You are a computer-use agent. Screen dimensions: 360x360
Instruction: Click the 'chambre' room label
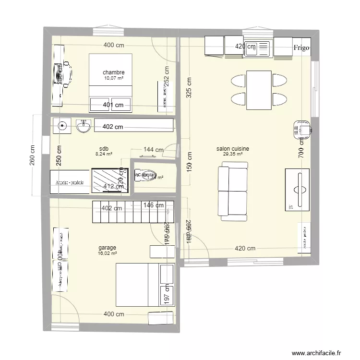point(113,72)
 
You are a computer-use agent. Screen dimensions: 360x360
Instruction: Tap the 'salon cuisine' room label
point(232,149)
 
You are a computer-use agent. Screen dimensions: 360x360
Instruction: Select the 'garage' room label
point(108,248)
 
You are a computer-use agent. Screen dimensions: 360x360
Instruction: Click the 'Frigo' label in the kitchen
point(302,48)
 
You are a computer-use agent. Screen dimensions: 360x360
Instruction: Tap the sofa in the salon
point(233,188)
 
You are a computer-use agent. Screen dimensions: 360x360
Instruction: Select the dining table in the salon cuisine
point(259,90)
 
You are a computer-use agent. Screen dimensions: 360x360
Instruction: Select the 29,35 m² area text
point(232,155)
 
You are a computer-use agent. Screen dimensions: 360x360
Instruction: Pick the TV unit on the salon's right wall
point(298,190)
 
